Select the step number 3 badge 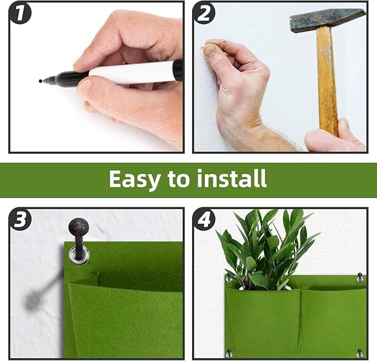[x=20, y=220]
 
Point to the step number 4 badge [x=204, y=221]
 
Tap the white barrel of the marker [x=130, y=72]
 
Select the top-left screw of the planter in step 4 [x=229, y=276]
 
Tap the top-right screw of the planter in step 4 [x=360, y=276]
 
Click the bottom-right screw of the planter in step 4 [x=359, y=352]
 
